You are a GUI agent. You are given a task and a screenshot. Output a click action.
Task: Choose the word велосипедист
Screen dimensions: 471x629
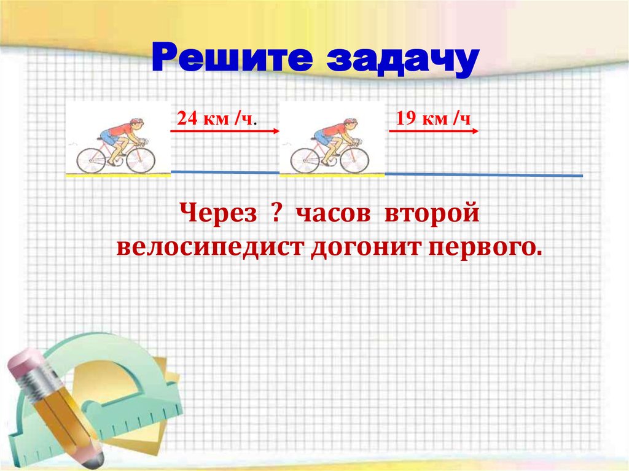coord(212,248)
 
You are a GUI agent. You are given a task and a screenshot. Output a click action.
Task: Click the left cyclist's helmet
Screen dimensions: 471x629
coord(136,122)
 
